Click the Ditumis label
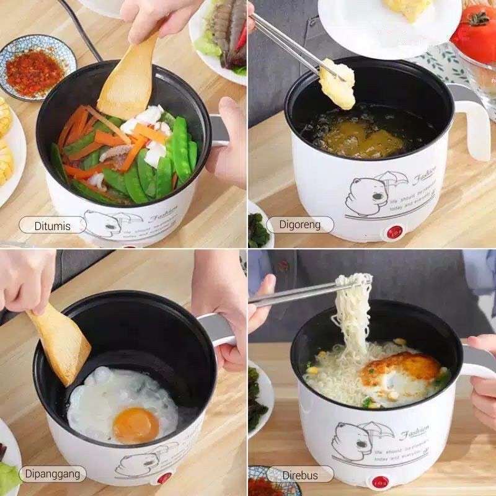coord(52,224)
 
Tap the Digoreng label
coord(299,224)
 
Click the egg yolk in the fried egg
coord(136,425)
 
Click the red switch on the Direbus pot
coord(378,482)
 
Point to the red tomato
coord(476,34)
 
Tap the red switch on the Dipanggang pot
coord(164,477)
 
